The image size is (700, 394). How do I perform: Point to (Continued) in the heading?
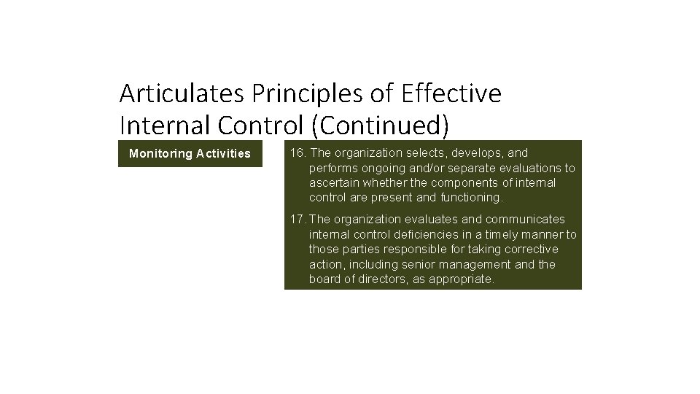click(380, 125)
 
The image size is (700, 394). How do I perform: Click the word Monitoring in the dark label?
click(160, 154)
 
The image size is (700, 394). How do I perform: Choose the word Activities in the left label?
click(223, 154)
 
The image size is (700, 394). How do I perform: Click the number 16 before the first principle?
click(296, 153)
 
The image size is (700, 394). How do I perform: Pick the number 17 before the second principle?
click(296, 220)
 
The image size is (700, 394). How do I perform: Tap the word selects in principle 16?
click(426, 153)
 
